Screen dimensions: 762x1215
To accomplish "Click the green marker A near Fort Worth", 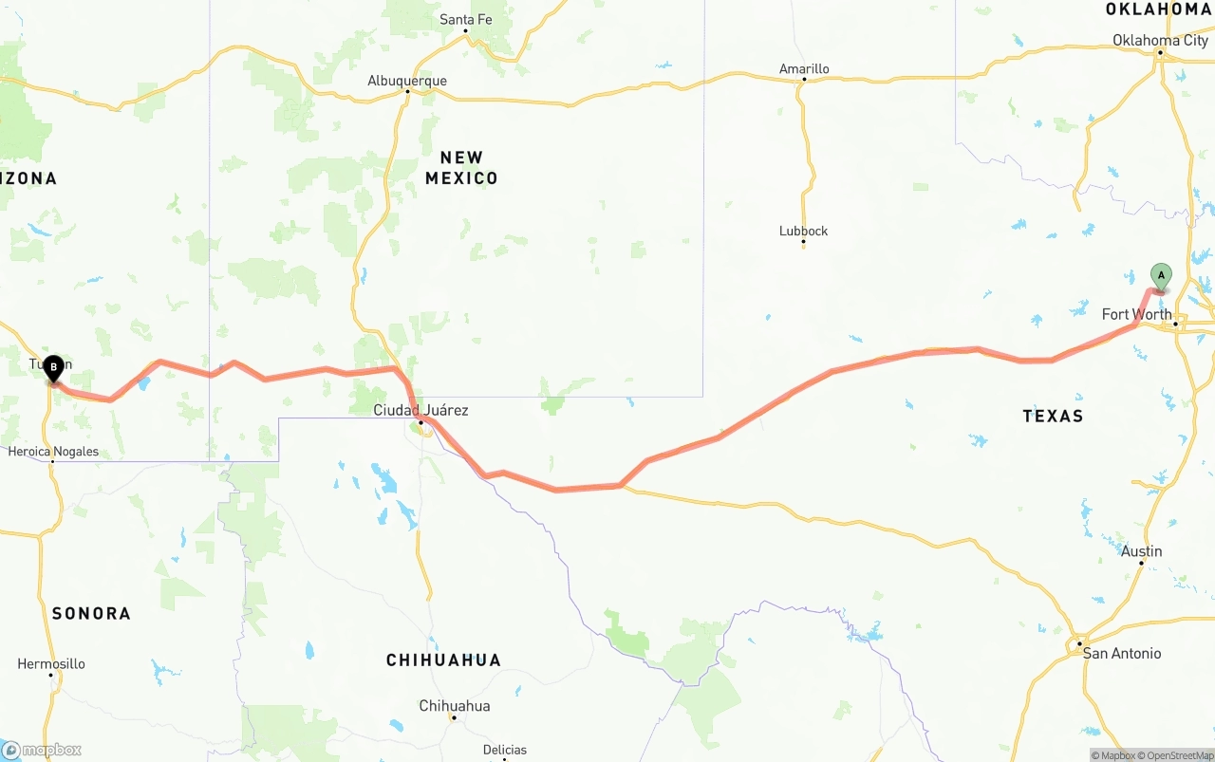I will [x=1161, y=276].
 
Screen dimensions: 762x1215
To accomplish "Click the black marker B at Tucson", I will [x=54, y=367].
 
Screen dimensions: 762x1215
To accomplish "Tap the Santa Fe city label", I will [x=466, y=19].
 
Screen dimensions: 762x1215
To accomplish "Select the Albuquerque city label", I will [x=407, y=81].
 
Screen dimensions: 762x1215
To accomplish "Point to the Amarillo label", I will [x=804, y=68].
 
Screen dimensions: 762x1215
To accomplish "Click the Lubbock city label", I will [x=803, y=231].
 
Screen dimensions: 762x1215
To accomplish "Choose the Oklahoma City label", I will [x=1160, y=40].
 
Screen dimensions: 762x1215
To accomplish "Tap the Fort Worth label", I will [x=1136, y=314].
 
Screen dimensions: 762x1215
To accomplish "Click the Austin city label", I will [x=1141, y=551].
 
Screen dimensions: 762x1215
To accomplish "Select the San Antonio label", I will [x=1121, y=653].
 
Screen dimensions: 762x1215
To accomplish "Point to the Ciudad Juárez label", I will [x=421, y=410].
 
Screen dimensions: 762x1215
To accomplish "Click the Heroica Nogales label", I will [x=53, y=452].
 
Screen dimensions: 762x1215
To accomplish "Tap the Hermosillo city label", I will [x=51, y=663].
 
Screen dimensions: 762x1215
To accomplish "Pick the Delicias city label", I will [x=505, y=750].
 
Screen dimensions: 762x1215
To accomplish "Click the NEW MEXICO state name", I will [x=461, y=167].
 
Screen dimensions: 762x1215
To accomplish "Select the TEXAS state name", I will [x=1053, y=416].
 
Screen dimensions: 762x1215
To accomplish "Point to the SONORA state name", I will [x=91, y=613].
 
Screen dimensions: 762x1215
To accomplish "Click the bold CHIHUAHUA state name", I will [x=443, y=660].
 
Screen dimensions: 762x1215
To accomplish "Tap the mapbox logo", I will [x=42, y=750].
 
